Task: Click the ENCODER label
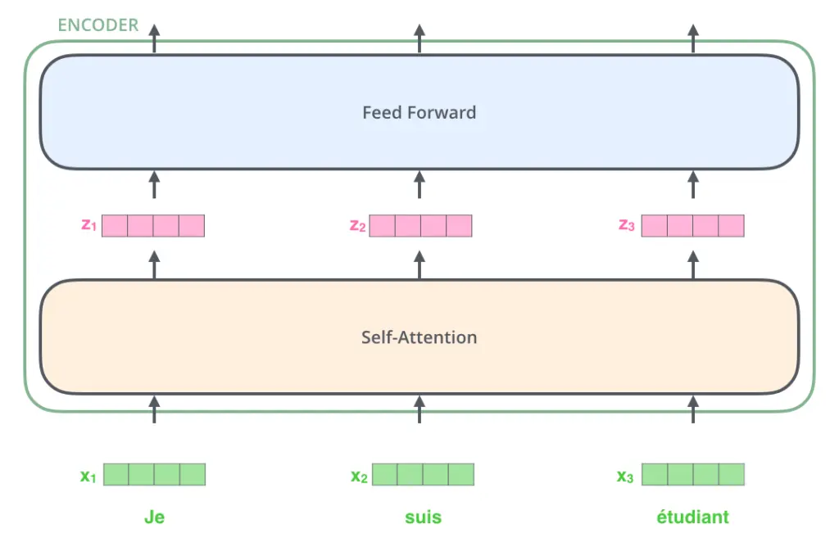click(x=98, y=25)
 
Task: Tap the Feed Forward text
click(x=419, y=112)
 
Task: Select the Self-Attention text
click(x=419, y=337)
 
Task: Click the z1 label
click(x=88, y=225)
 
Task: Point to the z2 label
click(x=357, y=226)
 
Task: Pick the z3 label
click(x=627, y=225)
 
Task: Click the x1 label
click(x=88, y=476)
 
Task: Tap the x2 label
click(x=359, y=476)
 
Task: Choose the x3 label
click(x=625, y=476)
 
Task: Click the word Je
click(x=154, y=518)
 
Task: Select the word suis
click(x=423, y=518)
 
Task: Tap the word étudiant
click(x=692, y=517)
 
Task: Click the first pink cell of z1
click(x=115, y=226)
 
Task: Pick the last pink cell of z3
click(x=732, y=226)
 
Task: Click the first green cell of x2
click(x=385, y=474)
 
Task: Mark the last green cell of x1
click(x=193, y=474)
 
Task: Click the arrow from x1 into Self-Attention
click(x=154, y=409)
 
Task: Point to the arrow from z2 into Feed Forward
click(x=419, y=184)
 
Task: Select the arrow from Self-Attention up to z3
click(x=693, y=264)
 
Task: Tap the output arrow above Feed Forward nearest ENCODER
click(x=154, y=38)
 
